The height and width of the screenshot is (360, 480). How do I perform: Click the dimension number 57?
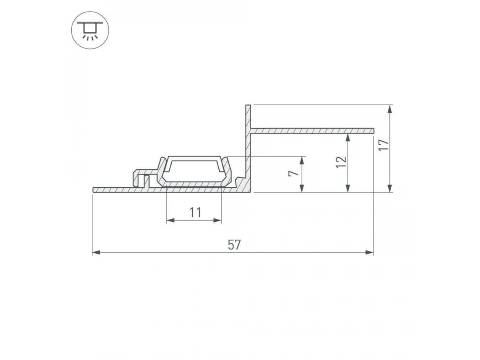click(x=234, y=244)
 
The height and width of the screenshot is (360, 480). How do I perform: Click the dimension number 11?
click(x=195, y=212)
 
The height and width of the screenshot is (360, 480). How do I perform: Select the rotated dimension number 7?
click(x=294, y=173)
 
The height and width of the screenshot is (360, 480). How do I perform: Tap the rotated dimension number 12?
click(x=341, y=162)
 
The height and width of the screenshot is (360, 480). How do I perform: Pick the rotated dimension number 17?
click(x=384, y=145)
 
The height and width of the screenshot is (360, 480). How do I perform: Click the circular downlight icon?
click(x=90, y=30)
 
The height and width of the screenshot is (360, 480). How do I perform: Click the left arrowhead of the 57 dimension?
click(x=96, y=253)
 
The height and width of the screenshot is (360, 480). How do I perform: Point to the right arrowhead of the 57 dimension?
click(x=369, y=253)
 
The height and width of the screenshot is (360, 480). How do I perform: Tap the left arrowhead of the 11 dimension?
click(x=170, y=220)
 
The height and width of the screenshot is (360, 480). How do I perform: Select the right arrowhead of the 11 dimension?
click(x=217, y=220)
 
